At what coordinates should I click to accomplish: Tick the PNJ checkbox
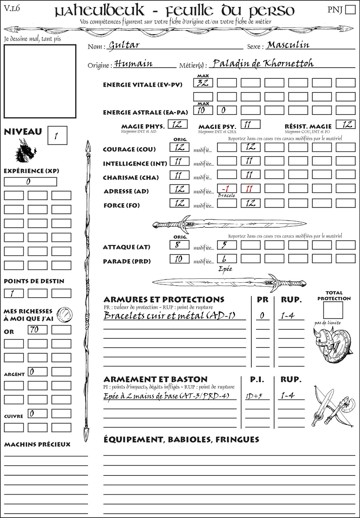click(351, 9)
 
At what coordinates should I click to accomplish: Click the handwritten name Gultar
click(124, 45)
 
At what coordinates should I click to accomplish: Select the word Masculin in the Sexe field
click(288, 45)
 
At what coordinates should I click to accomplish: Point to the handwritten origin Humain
click(133, 64)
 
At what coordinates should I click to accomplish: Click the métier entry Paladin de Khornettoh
click(263, 64)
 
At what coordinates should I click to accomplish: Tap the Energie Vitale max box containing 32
click(203, 83)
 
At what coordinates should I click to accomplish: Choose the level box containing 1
click(57, 135)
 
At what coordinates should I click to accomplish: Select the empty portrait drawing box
click(40, 81)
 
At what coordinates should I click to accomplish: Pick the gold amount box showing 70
click(37, 330)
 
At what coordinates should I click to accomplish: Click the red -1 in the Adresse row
click(226, 189)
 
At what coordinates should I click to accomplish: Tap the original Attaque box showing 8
click(179, 245)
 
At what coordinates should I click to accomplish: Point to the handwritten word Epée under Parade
click(225, 269)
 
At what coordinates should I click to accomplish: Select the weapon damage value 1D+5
click(254, 396)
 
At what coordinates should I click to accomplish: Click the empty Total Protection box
click(333, 310)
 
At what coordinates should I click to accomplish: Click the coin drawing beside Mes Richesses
click(65, 314)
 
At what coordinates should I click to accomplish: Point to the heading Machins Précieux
click(37, 445)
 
